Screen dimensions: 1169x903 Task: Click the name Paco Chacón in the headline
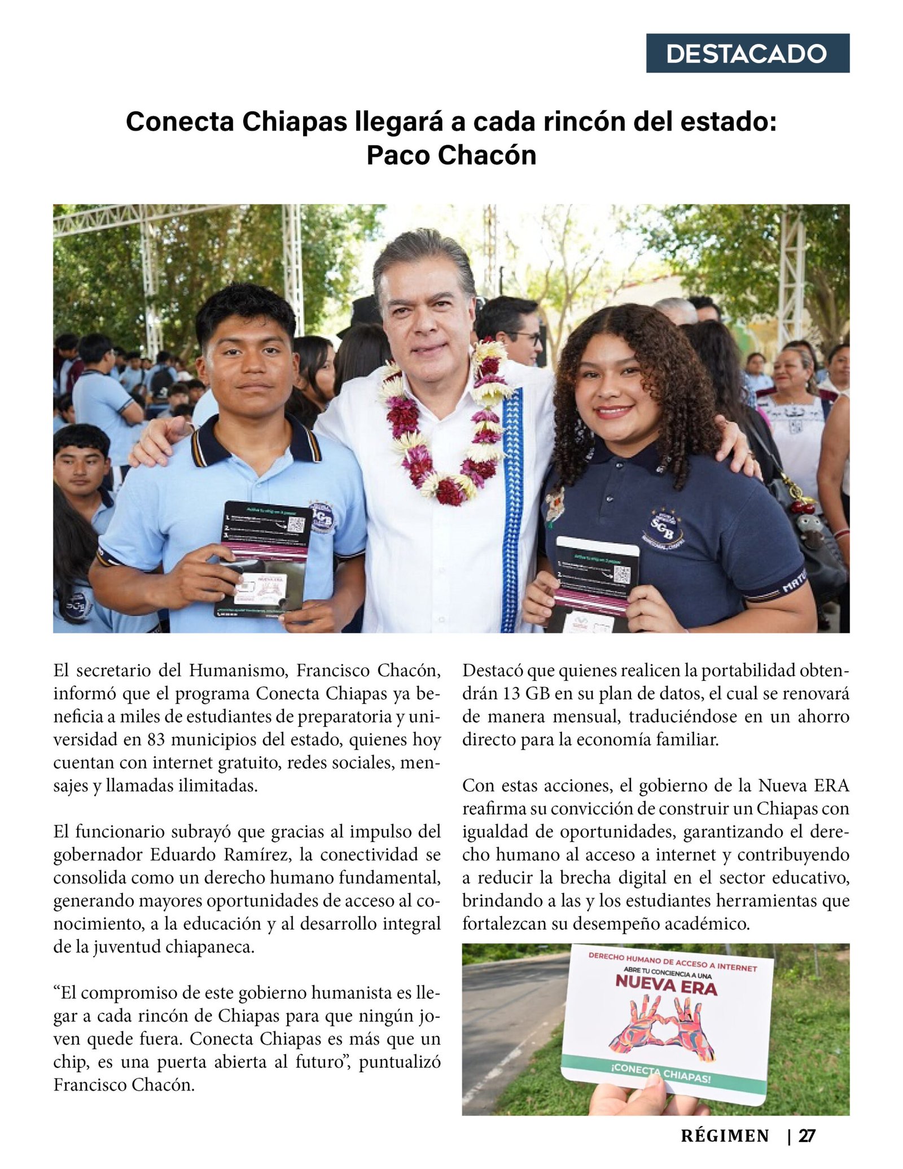point(451,155)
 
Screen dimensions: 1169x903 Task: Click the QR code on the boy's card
point(296,523)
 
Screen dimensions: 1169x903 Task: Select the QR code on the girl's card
point(621,575)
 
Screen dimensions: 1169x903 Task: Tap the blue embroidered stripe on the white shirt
point(512,508)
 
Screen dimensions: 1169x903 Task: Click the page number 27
point(806,1135)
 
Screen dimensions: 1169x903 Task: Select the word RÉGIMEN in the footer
point(725,1135)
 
